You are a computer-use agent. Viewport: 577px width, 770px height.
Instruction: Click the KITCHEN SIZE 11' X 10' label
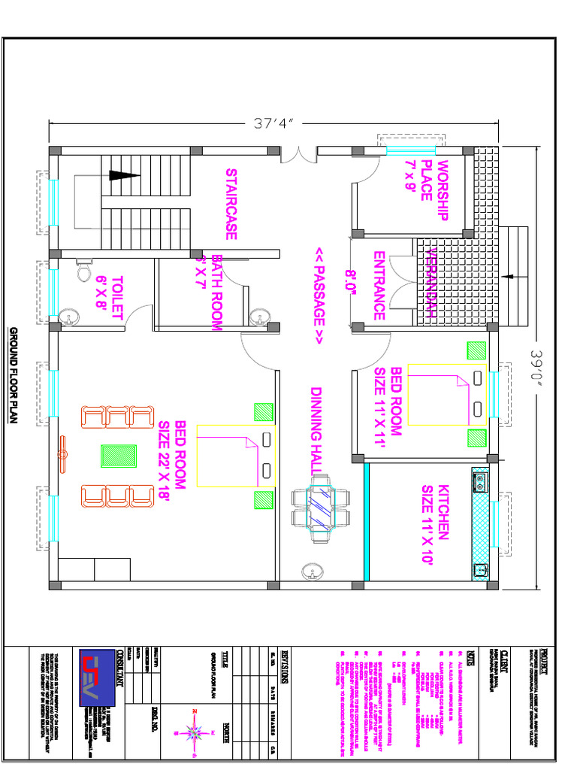pyautogui.click(x=435, y=514)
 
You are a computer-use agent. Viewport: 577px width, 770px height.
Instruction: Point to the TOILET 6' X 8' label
pyautogui.click(x=109, y=299)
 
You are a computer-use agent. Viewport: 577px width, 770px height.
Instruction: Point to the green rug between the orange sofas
pyautogui.click(x=118, y=456)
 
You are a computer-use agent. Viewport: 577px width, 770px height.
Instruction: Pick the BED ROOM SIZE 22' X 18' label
pyautogui.click(x=171, y=462)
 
